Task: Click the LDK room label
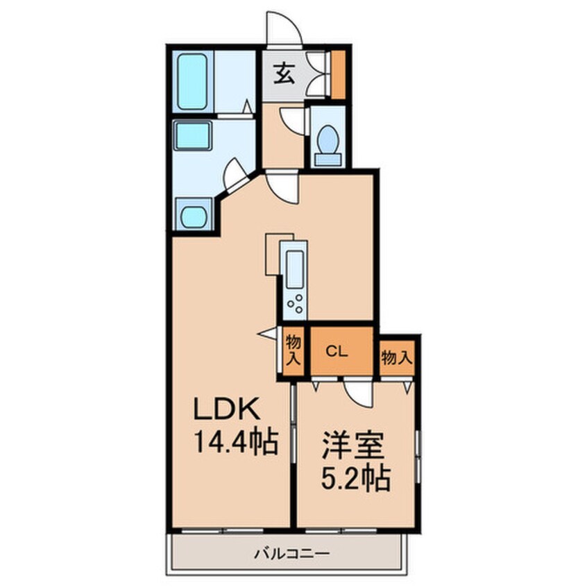click(226, 409)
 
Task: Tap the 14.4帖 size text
click(235, 442)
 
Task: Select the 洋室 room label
click(353, 445)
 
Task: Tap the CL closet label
click(337, 351)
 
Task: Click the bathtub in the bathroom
click(192, 82)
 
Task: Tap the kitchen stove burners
click(296, 303)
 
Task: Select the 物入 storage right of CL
click(397, 358)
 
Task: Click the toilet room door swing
click(294, 121)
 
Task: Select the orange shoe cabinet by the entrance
click(338, 74)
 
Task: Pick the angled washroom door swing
click(235, 175)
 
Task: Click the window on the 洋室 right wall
click(418, 456)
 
